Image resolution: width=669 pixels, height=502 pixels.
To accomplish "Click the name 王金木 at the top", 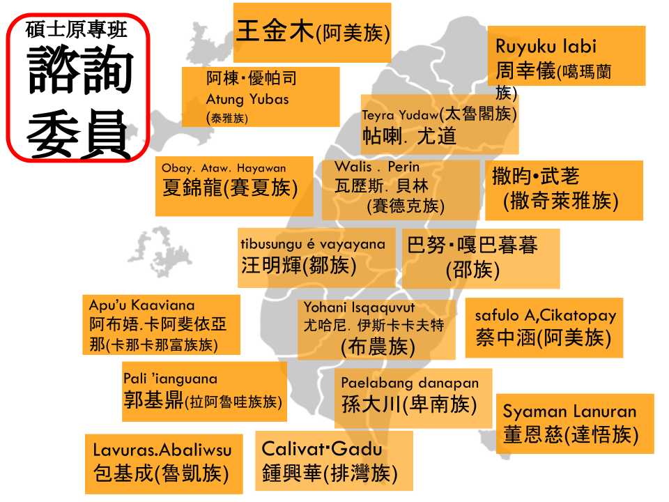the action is pos(276,32).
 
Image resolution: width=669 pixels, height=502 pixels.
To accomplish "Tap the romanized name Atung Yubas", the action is pos(247,99).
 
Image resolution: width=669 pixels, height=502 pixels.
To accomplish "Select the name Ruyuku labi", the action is pos(546,47).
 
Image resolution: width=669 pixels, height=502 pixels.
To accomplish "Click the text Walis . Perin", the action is pos(377,167).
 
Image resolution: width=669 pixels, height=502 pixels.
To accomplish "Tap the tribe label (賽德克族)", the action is pos(406,206).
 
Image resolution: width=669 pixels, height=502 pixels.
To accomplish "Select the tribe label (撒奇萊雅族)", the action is pos(561,201).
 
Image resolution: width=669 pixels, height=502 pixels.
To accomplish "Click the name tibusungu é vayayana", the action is pos(313,244).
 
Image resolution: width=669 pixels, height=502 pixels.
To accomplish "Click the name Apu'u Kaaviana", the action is pos(141,305).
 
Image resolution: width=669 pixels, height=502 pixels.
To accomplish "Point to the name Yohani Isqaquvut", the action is pos(359,307).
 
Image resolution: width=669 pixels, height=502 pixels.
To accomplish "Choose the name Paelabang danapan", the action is pos(410,383).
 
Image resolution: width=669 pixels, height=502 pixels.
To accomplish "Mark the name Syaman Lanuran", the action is pos(569,411).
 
